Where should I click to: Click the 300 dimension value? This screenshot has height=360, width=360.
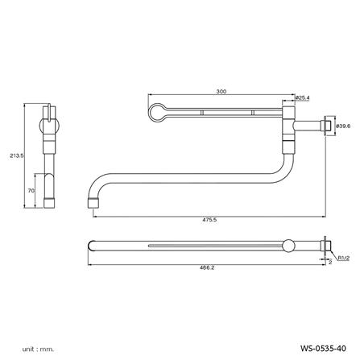click(221, 91)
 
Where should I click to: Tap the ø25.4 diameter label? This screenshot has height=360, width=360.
click(302, 98)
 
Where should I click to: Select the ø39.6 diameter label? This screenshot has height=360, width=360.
click(343, 126)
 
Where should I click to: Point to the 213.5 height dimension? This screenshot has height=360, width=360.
click(17, 155)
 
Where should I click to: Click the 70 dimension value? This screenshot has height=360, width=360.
click(31, 191)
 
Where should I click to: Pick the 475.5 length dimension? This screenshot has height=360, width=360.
click(209, 220)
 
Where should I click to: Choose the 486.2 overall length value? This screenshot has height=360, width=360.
click(207, 267)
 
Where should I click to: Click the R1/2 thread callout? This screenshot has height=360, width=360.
click(344, 259)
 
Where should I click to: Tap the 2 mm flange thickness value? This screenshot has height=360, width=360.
click(330, 262)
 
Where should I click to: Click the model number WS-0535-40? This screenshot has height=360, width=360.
click(323, 349)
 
